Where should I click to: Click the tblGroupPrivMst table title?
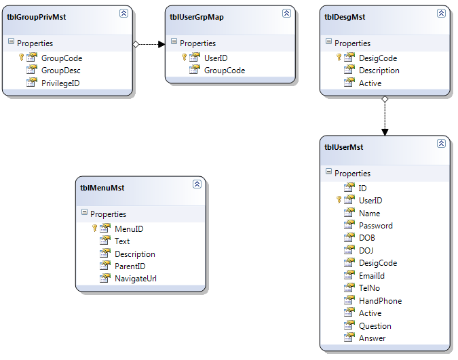pos(37,17)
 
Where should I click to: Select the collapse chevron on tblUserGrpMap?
pos(286,13)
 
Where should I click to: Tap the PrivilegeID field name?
pos(60,83)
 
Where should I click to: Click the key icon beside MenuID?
pos(94,228)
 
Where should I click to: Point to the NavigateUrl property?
pos(136,279)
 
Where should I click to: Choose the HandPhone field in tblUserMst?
pos(380,301)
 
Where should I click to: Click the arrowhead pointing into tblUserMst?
pos(385,132)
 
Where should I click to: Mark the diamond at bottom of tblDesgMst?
pos(385,99)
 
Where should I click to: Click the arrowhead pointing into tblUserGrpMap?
pos(161,44)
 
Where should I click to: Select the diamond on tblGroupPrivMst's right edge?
pos(136,44)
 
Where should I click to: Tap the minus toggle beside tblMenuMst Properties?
pos(84,212)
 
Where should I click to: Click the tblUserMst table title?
pos(344,147)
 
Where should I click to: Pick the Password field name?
pos(376,226)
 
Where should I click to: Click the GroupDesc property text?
pos(61,71)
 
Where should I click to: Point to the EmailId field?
pos(372,276)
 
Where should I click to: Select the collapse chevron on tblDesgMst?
pos(441,13)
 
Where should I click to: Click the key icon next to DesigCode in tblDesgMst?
pos(339,57)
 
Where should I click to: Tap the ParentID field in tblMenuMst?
pos(130,266)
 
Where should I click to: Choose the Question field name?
pos(375,326)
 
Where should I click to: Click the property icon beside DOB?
pos(349,237)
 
